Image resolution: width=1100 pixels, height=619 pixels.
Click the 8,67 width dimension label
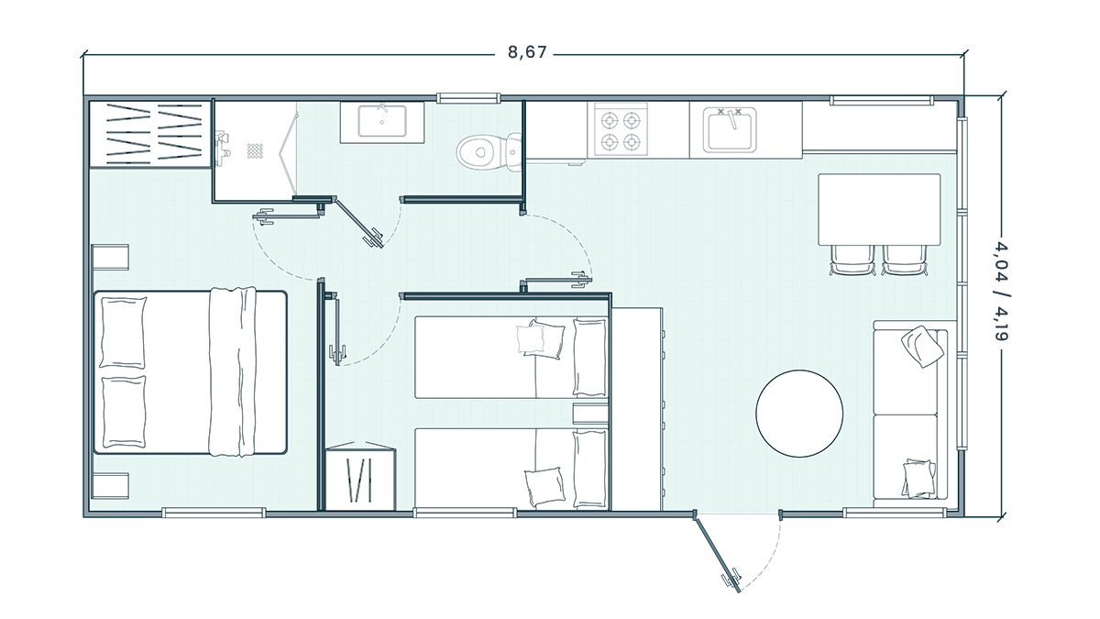[527, 52]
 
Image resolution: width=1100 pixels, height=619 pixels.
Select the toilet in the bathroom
[489, 152]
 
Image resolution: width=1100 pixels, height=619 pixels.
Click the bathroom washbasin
[382, 122]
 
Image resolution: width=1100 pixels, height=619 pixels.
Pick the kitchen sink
[730, 130]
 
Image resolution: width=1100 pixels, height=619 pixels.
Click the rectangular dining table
[879, 209]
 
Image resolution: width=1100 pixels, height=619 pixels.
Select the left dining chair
[852, 260]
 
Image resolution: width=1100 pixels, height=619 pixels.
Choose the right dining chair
[905, 260]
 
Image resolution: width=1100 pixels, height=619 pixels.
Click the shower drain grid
[255, 150]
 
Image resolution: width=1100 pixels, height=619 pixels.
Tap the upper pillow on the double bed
[123, 333]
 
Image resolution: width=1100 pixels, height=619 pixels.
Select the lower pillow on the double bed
[124, 412]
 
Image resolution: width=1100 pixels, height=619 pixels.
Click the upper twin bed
[511, 357]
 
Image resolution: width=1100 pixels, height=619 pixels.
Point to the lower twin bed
[511, 469]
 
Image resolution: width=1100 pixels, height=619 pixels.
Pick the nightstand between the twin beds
[590, 414]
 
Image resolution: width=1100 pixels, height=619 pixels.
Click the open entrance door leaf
[717, 551]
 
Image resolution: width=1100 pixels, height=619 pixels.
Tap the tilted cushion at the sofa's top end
[922, 347]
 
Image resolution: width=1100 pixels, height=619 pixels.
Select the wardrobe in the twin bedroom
[360, 476]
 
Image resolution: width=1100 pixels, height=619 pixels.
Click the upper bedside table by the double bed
[111, 257]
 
